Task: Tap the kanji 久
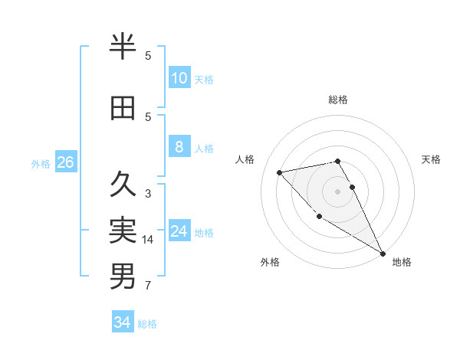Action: (x=123, y=185)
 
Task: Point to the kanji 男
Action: (x=123, y=277)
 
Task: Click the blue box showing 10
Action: (x=179, y=78)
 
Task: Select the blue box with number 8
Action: (x=179, y=147)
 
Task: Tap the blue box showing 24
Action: (x=179, y=231)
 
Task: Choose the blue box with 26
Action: (x=65, y=162)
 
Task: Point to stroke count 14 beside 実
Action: (x=148, y=240)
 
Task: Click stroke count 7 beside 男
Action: (x=148, y=286)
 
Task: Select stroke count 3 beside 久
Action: (x=148, y=194)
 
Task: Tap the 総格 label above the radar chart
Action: (x=338, y=100)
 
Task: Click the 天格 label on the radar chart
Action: (x=431, y=159)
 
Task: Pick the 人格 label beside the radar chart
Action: (x=245, y=159)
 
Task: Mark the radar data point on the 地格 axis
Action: (x=383, y=254)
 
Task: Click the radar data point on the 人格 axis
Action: (x=280, y=172)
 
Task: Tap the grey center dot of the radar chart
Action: (x=338, y=191)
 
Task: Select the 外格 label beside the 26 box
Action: (x=41, y=163)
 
